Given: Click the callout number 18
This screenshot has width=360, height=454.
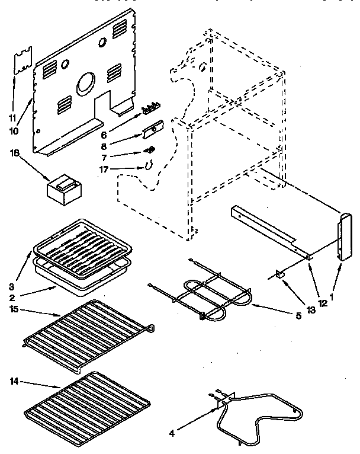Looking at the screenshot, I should [14, 152].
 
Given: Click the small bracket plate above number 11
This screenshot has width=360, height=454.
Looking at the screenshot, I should [22, 62].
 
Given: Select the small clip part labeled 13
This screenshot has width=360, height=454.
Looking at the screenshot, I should [281, 274].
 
